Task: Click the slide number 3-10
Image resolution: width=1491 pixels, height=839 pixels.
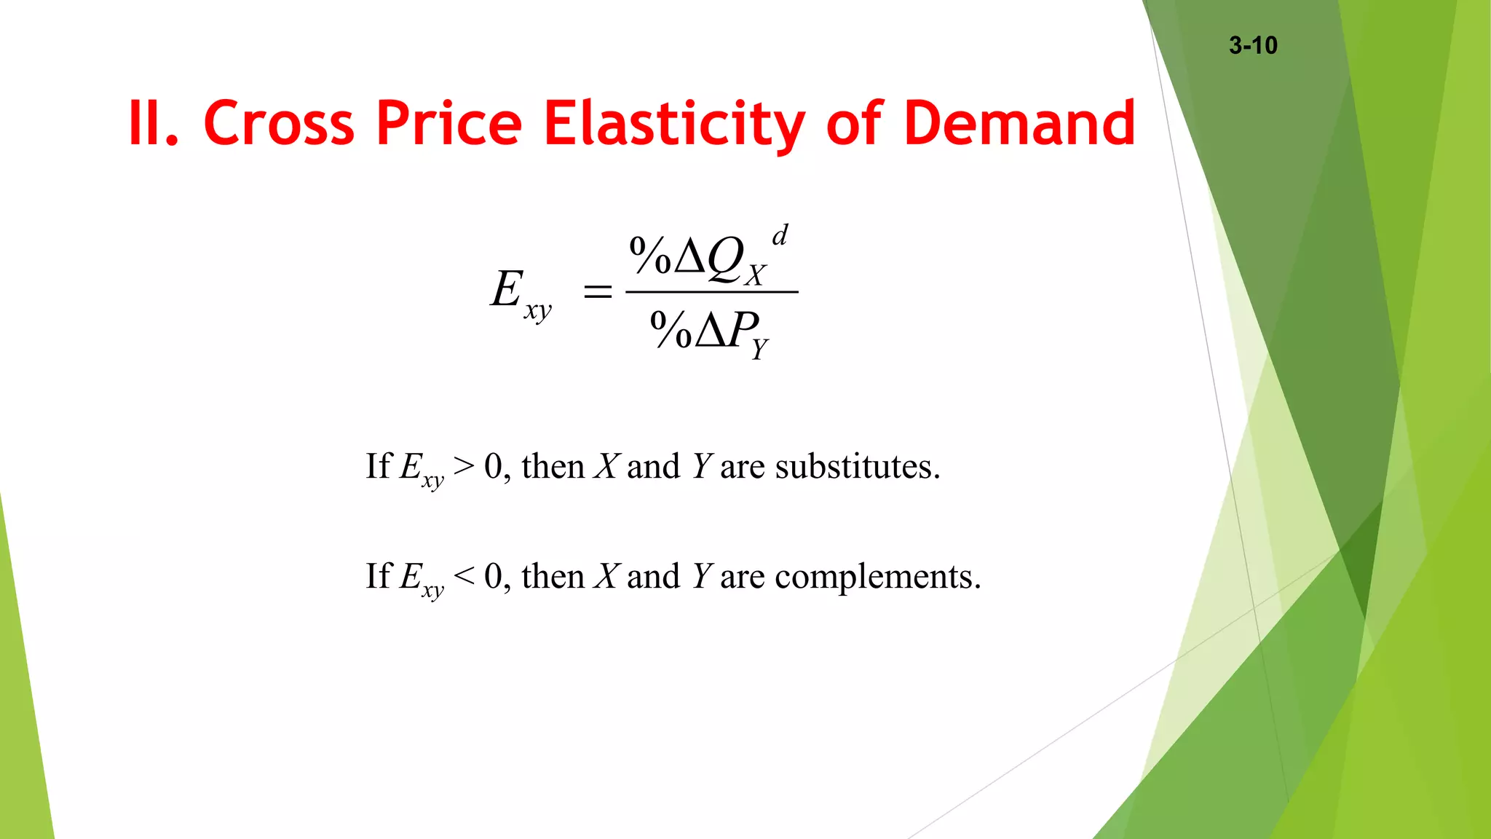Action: point(1253,45)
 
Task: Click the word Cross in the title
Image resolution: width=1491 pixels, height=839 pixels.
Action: point(278,123)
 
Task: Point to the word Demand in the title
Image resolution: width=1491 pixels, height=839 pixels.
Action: point(1019,123)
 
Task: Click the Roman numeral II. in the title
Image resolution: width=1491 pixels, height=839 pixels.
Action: point(153,123)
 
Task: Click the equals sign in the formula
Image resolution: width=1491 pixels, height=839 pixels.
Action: point(598,293)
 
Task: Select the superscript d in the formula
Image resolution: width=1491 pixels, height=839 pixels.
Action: point(780,235)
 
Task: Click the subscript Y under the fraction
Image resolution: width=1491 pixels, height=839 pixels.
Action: point(760,350)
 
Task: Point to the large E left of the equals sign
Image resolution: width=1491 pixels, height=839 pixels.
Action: point(507,289)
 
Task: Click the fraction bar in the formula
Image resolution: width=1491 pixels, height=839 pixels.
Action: point(712,292)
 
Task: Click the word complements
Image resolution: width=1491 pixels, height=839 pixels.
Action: point(877,578)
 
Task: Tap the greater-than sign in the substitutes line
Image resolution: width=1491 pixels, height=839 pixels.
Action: point(464,466)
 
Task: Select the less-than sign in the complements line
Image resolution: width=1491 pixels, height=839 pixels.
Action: point(464,576)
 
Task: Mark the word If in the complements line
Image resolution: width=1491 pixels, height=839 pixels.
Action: point(379,576)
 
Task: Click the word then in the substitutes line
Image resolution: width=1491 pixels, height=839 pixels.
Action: point(553,467)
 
